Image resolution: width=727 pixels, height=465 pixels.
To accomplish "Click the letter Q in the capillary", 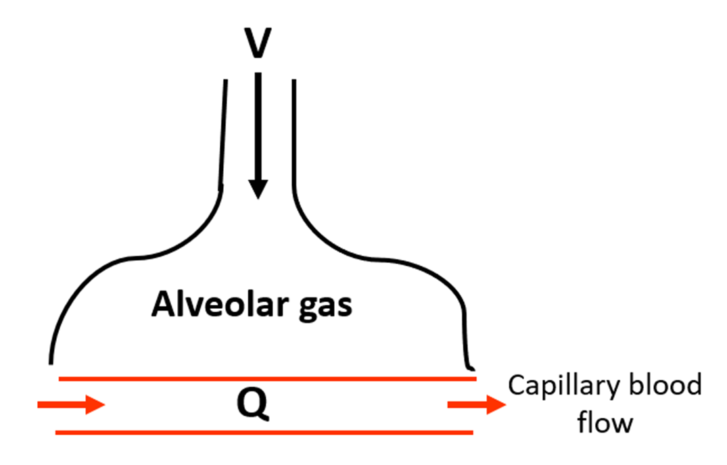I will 256,405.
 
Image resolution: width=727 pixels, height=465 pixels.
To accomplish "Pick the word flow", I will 605,423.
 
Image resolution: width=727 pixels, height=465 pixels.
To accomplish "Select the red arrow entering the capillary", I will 71,405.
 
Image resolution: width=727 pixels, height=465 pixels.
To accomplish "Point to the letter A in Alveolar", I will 162,305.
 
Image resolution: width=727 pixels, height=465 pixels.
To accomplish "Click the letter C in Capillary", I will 517,387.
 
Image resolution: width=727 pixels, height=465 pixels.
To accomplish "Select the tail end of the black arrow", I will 257,76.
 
